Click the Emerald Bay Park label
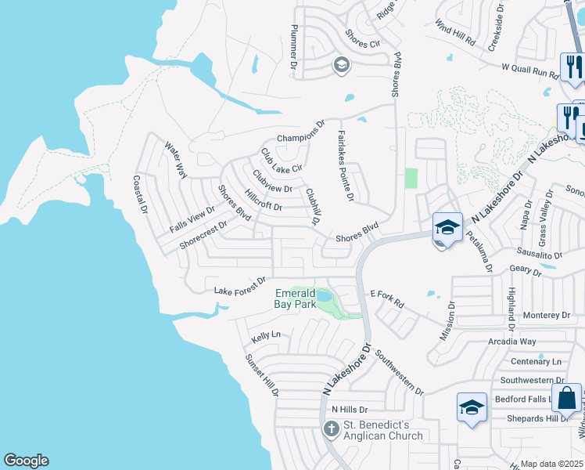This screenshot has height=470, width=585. coord(296,298)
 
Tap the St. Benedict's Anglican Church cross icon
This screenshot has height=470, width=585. coord(331,428)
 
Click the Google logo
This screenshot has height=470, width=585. coord(26,461)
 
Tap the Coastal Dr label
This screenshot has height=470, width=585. coord(141,193)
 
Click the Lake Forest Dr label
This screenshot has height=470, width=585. coord(240,285)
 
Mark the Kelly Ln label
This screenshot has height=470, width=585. coord(266,336)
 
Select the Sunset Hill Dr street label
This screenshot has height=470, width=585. coord(261,375)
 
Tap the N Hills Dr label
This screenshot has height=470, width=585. coord(349,410)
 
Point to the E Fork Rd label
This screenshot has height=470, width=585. coord(386,298)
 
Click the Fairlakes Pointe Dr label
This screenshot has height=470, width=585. coord(345,166)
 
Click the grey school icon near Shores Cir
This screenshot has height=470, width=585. coord(341,65)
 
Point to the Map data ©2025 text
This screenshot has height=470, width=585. coord(551,464)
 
